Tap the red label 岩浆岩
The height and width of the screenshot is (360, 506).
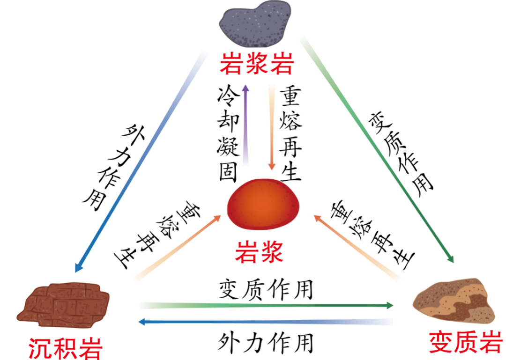tap(257, 64)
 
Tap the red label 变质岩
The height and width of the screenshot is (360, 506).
tap(466, 343)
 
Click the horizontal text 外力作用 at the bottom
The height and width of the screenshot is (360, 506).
tap(265, 344)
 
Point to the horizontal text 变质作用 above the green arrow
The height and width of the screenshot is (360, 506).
tap(266, 290)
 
